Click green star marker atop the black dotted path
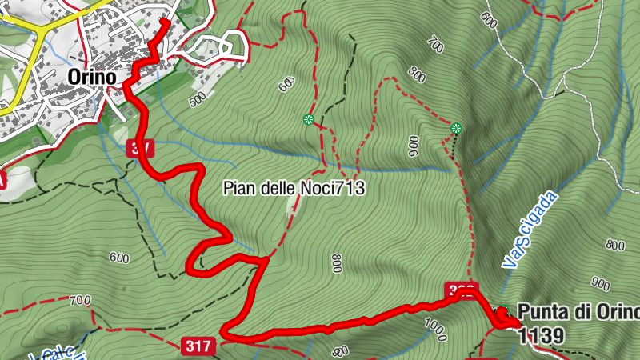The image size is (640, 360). tap(456, 128)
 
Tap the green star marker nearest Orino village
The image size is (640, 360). tap(307, 121)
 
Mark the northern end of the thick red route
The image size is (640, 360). tap(165, 20)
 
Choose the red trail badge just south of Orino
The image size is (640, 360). tap(139, 148)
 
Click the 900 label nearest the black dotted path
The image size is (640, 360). tap(413, 146)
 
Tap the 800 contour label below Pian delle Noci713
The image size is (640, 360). tap(336, 263)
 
